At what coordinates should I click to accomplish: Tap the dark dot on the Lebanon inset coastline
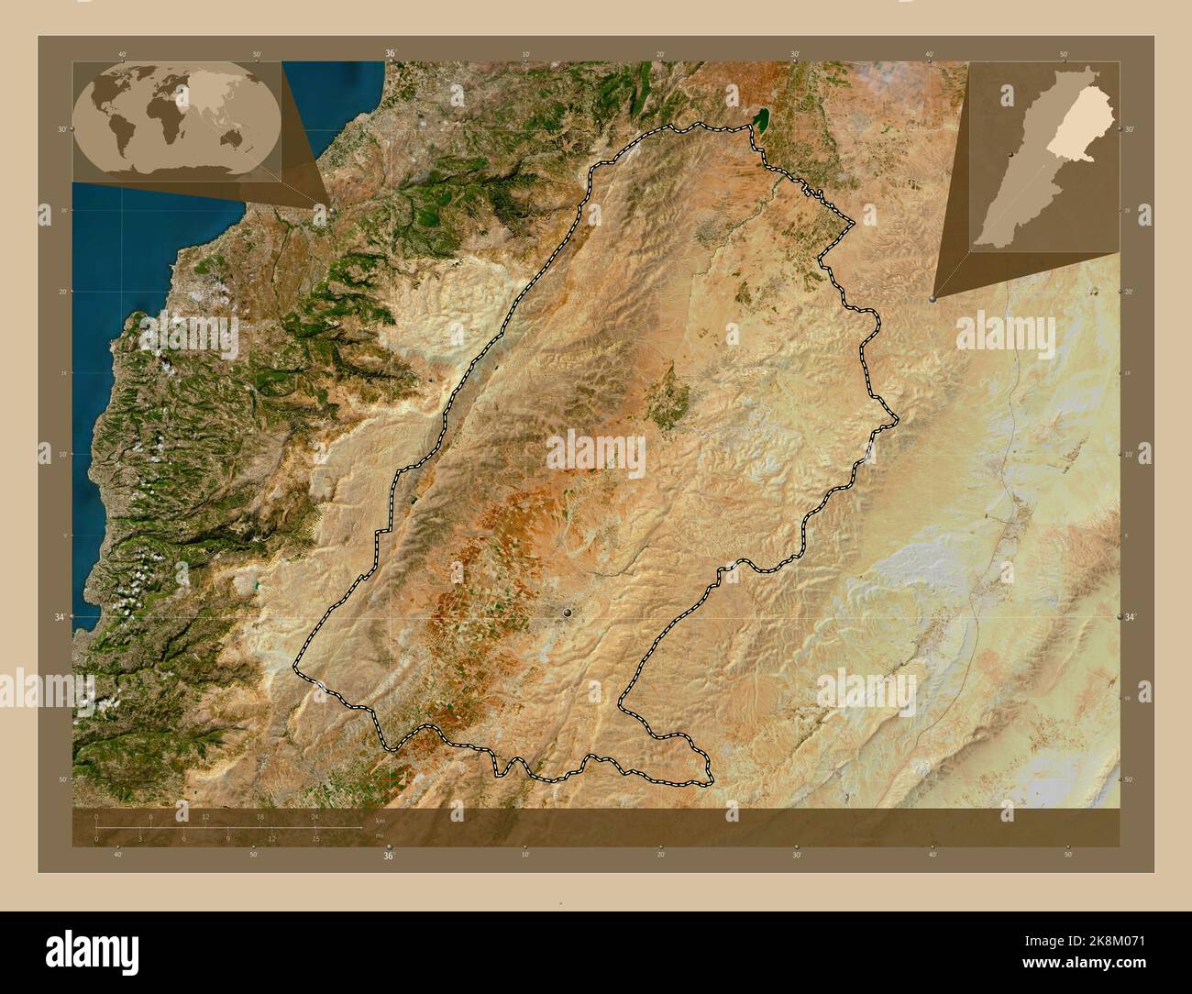tap(1010, 156)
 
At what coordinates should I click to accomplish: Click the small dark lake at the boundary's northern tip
tap(760, 119)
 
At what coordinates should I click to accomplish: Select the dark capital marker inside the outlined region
tap(569, 612)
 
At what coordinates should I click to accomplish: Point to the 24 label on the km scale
tap(314, 816)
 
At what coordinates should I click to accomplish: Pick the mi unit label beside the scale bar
tap(380, 836)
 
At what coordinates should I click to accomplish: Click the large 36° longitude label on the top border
tap(390, 54)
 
